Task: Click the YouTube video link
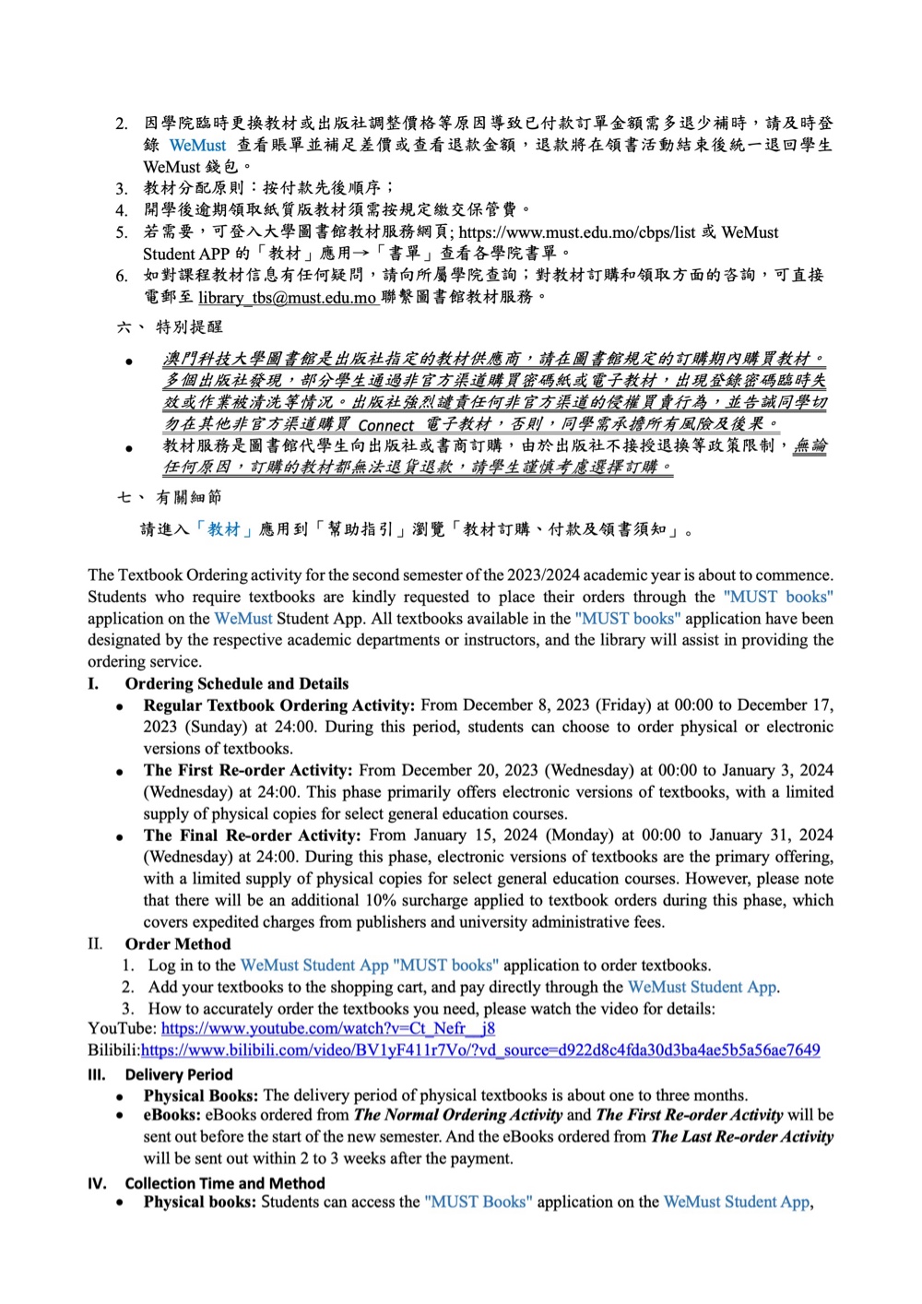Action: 327,1028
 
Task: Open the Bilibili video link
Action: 479,1050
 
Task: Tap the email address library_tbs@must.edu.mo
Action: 287,298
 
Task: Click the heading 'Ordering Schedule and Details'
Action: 237,684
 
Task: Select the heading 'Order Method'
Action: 178,944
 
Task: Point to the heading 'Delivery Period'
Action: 179,1074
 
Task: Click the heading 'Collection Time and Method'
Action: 225,1183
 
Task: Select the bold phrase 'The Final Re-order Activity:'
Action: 252,836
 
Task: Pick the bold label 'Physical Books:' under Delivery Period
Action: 200,1096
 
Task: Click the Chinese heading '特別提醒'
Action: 189,327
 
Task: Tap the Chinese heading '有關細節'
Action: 189,498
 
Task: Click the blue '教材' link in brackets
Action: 223,529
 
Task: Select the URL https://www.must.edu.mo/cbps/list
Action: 577,232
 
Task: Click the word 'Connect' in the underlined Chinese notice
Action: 385,425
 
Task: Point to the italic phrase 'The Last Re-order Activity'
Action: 742,1137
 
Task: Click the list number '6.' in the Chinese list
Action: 122,276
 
